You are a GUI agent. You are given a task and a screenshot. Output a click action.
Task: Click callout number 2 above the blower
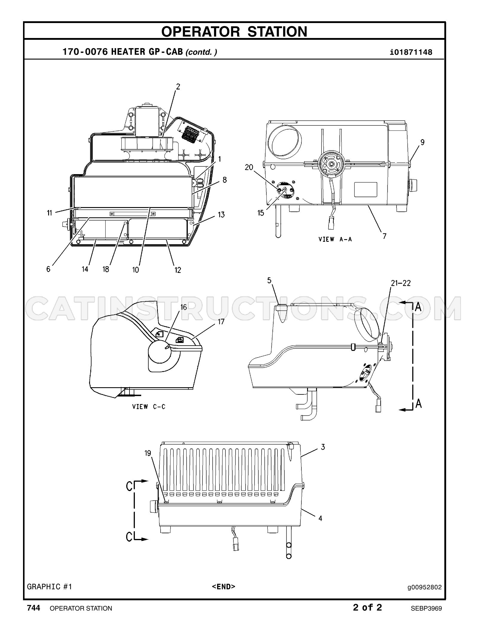[x=178, y=87]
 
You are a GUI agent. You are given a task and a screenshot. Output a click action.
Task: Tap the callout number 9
[x=422, y=142]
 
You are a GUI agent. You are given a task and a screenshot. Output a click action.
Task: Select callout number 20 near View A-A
[x=249, y=167]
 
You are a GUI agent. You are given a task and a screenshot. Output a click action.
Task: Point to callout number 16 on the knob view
[x=183, y=307]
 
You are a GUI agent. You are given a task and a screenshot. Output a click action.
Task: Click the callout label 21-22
[x=401, y=283]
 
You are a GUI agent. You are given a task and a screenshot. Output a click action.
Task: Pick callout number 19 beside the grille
[x=148, y=453]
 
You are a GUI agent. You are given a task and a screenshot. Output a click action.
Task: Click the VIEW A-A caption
[x=335, y=239]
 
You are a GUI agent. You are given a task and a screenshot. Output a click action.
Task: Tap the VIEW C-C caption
[x=149, y=406]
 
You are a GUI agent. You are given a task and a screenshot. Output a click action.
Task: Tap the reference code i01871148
[x=411, y=53]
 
